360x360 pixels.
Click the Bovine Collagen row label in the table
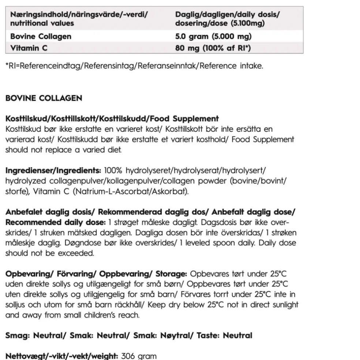tap(41, 37)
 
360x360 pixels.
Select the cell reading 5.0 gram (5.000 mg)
tap(213, 37)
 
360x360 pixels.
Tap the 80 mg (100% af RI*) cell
tap(213, 48)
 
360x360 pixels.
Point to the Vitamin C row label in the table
tap(29, 48)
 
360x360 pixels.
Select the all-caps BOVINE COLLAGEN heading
tap(44, 98)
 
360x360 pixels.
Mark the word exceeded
tap(76, 253)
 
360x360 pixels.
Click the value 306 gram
tap(139, 356)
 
